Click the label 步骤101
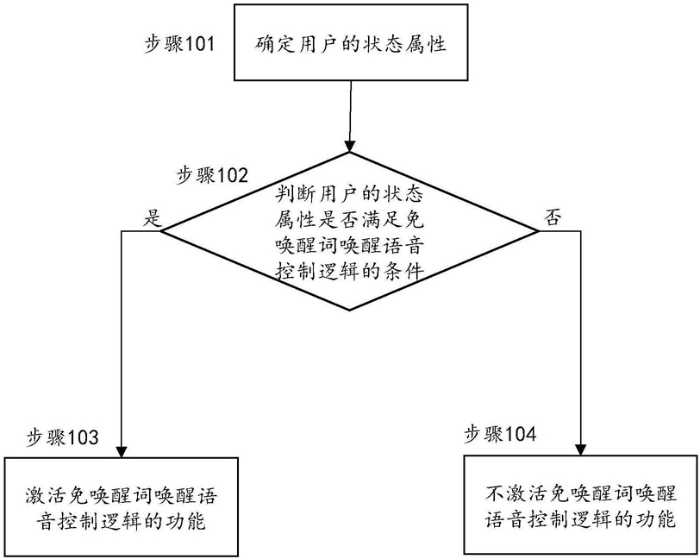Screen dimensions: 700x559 pos(179,45)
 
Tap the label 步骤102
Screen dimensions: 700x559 pos(212,176)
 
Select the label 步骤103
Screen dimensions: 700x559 pos(63,437)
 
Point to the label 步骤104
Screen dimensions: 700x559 pos(501,434)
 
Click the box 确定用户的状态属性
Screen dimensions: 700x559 pos(351,42)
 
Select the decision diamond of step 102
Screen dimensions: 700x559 pos(350,231)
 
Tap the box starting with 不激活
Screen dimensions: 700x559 pos(581,505)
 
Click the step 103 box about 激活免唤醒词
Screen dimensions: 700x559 pos(121,506)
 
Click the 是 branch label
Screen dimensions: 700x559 pos(153,218)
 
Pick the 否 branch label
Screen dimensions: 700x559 pos(553,218)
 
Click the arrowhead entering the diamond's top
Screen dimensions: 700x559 pos(349,146)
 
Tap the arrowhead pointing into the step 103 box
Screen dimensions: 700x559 pos(122,451)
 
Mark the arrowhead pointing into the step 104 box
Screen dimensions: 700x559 pos(581,449)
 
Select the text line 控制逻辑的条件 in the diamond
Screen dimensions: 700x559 pos(349,270)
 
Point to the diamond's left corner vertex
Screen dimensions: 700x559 pos(160,231)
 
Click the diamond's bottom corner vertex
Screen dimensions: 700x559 pos(349,310)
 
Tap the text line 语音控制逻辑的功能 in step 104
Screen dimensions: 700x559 pos(581,519)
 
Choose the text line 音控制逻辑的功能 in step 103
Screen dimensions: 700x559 pos(121,521)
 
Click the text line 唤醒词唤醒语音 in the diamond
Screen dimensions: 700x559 pos(349,245)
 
